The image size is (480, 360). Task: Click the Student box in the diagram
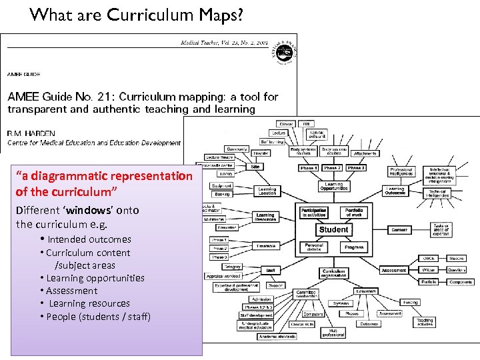(333, 229)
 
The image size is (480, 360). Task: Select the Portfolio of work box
(354, 213)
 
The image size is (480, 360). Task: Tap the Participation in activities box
(313, 213)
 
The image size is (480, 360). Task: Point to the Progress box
(354, 246)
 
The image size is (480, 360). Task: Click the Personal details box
(313, 246)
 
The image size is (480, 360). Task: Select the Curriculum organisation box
(333, 272)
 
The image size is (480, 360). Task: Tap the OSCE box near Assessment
(429, 258)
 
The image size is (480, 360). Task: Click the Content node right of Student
(399, 229)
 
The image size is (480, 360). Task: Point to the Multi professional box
(333, 332)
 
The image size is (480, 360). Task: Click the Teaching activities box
(425, 321)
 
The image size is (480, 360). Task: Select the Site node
(255, 167)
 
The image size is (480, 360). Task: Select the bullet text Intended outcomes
(89, 239)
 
